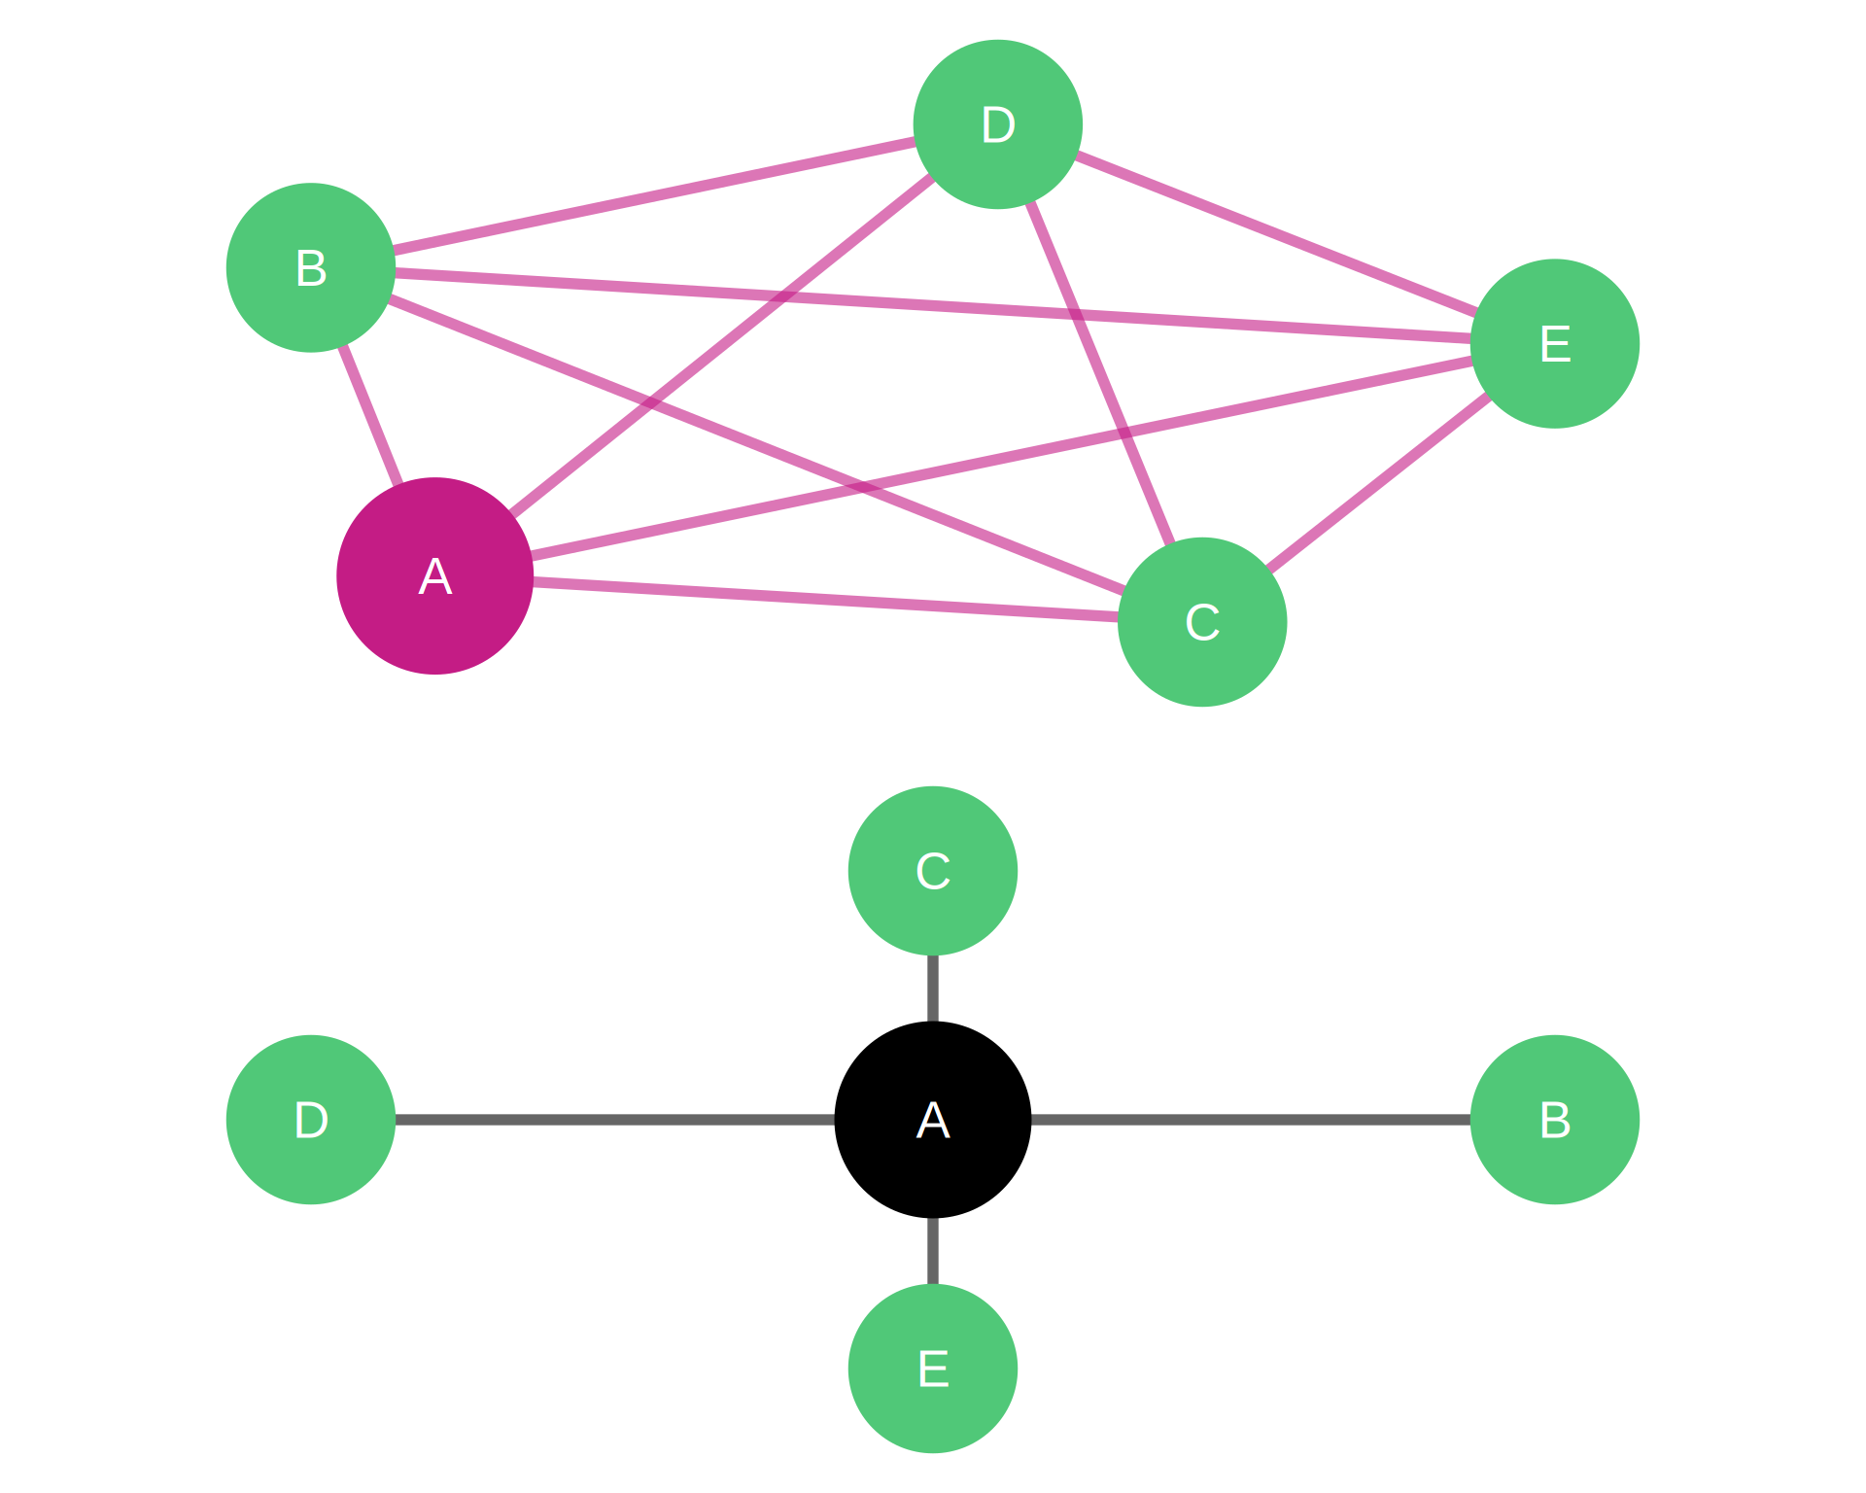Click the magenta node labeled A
[x=434, y=575]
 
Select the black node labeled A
[x=932, y=1120]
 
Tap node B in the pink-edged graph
[x=311, y=267]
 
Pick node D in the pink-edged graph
[x=998, y=124]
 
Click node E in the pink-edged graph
[x=1555, y=343]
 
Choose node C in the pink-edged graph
[x=1202, y=622]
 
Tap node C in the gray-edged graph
[x=932, y=871]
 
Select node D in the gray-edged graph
[x=311, y=1120]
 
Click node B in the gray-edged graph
[x=1555, y=1120]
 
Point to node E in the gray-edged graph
[x=932, y=1369]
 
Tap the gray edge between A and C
[x=932, y=989]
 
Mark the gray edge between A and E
[x=932, y=1251]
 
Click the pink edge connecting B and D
[x=654, y=195]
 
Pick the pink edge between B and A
[x=370, y=415]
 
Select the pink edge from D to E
[x=1276, y=233]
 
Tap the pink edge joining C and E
[x=1379, y=483]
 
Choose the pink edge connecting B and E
[x=933, y=305]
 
